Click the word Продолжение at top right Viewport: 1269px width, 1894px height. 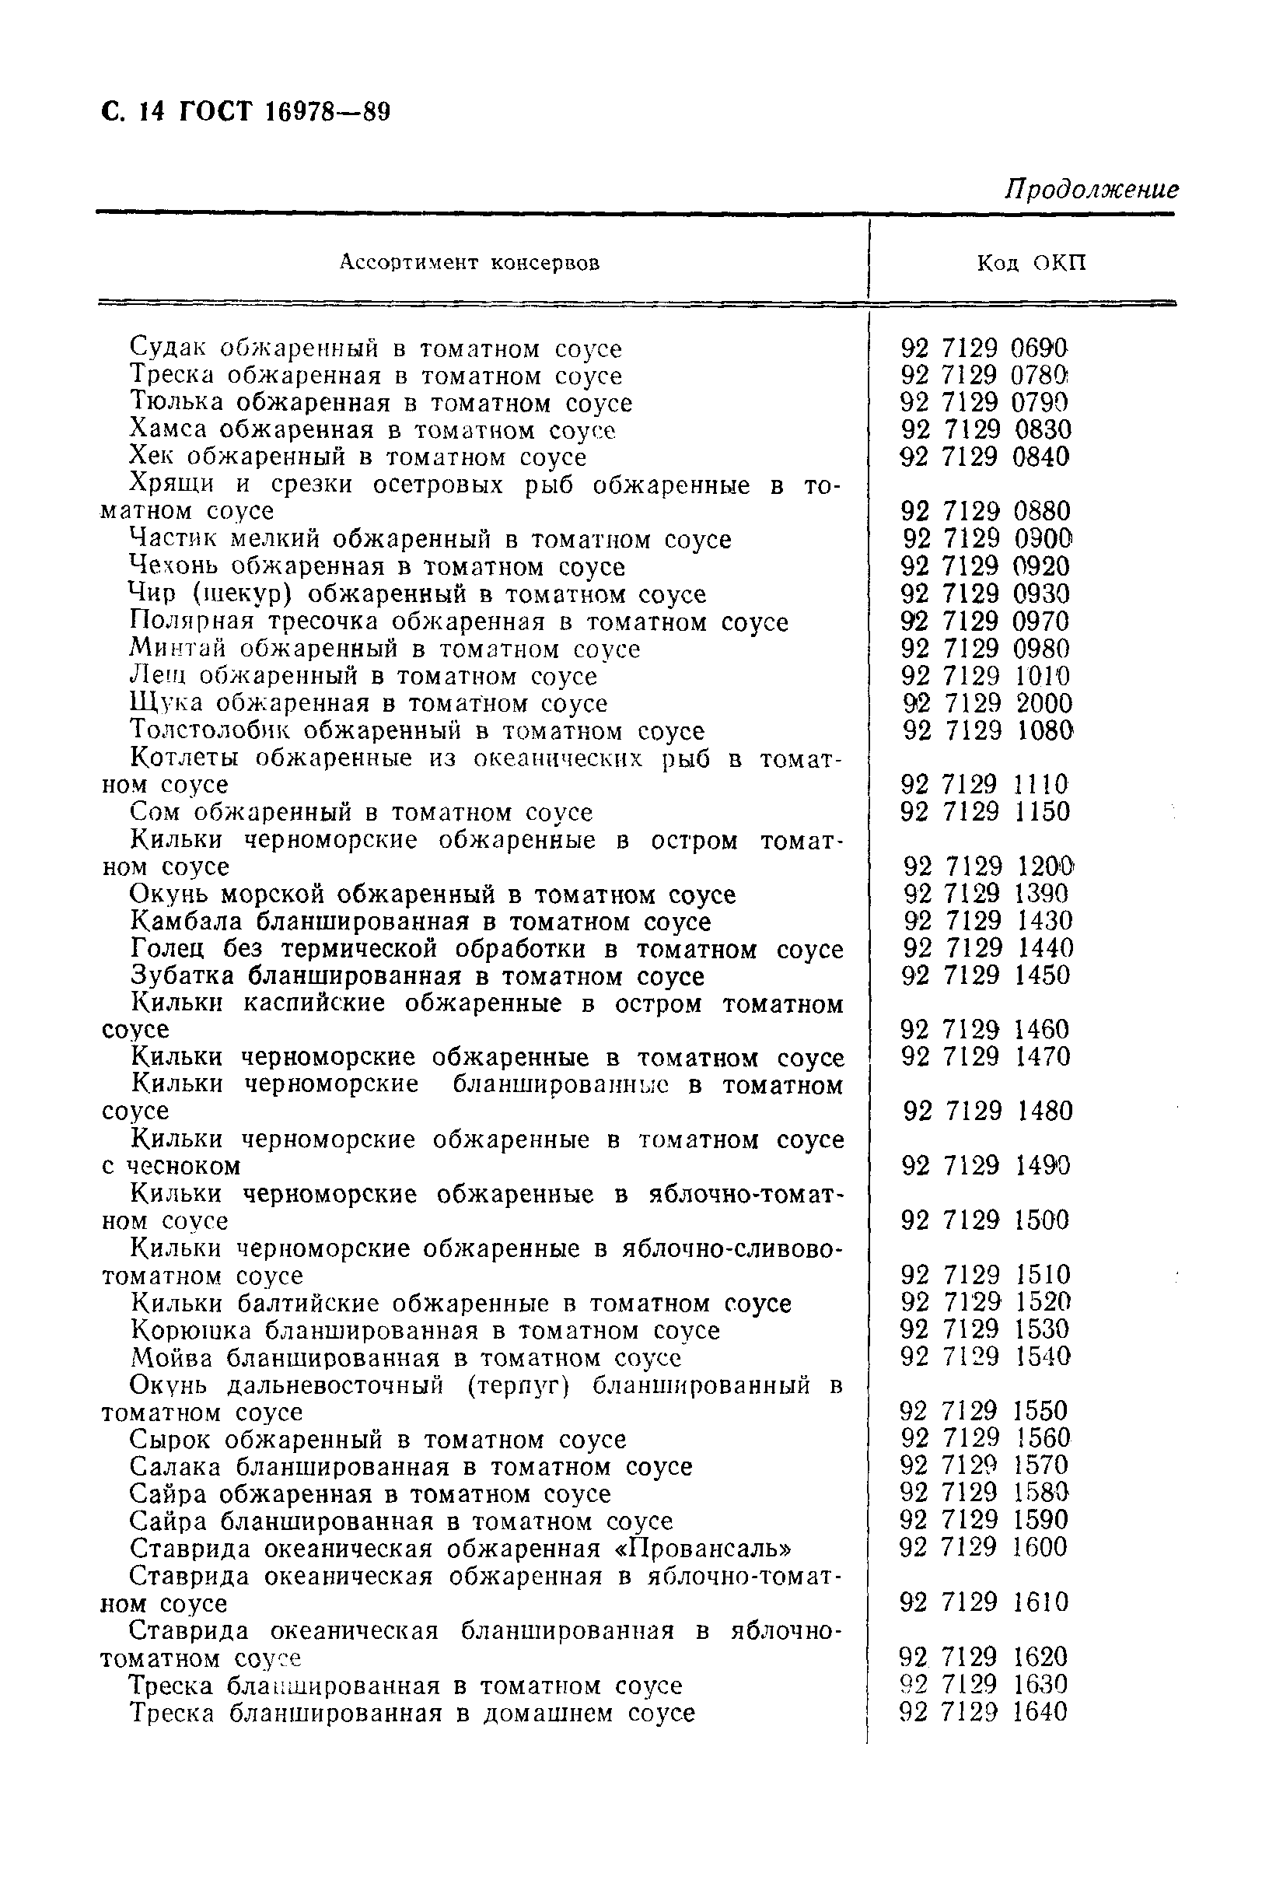[x=1091, y=190]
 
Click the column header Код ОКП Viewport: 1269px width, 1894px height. [x=1031, y=263]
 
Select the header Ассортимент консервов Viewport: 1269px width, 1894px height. [x=470, y=263]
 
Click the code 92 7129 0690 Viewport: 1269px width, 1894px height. [x=984, y=348]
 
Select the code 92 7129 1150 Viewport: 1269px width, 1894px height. [x=985, y=812]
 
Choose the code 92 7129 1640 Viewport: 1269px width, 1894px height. [x=984, y=1712]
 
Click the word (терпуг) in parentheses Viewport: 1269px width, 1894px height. [x=519, y=1385]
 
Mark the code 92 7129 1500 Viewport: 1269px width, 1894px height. [x=984, y=1220]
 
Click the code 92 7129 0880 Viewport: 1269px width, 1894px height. [x=985, y=512]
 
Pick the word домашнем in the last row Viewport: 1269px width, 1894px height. [x=549, y=1713]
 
